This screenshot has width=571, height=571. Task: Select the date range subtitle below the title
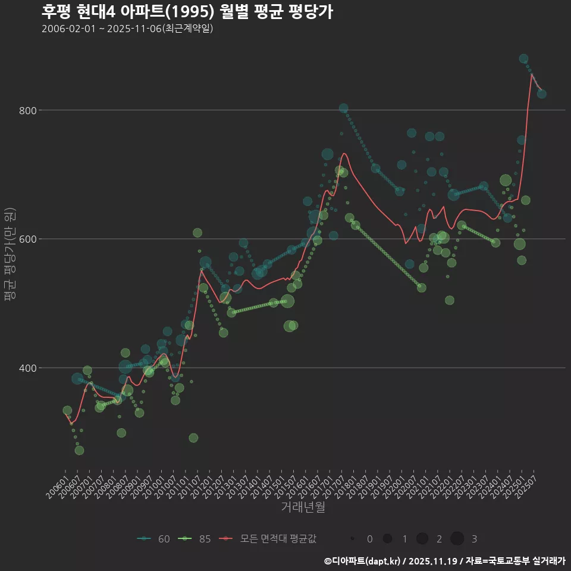(127, 29)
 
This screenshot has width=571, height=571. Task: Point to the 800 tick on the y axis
(29, 111)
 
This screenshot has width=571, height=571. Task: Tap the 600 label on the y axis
(29, 239)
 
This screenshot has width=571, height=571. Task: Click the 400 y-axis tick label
(29, 368)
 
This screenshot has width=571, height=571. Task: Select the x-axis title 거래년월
(303, 507)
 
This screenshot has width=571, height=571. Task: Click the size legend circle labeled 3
(457, 539)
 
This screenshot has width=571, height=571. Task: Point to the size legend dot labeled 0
(353, 539)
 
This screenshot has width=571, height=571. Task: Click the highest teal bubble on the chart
(523, 58)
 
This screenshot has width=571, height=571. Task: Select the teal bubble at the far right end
(541, 93)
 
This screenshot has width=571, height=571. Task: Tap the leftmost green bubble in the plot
(67, 410)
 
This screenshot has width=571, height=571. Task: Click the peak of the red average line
(531, 74)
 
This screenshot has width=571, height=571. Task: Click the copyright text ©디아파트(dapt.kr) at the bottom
(365, 560)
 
